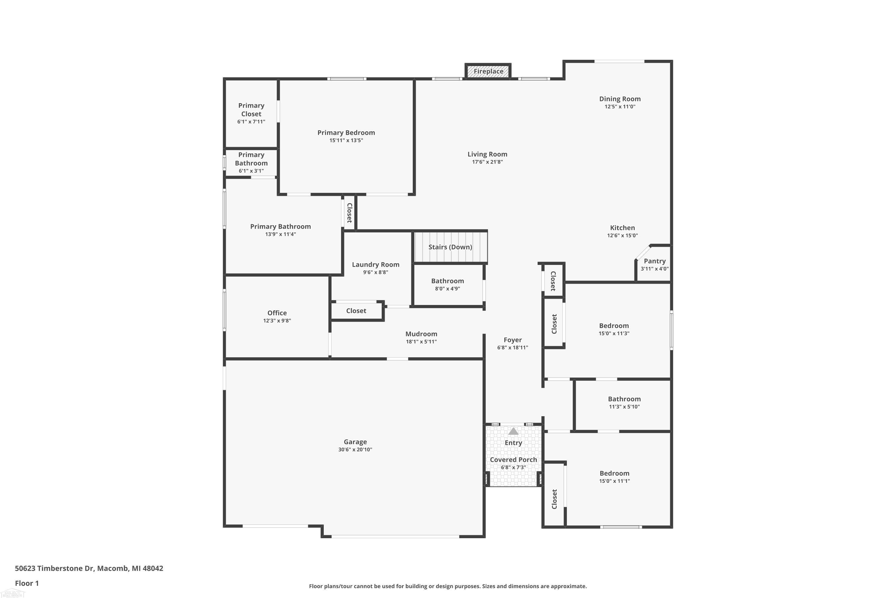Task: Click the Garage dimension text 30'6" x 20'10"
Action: [355, 450]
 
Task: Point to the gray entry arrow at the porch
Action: [513, 431]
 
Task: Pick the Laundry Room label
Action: [376, 265]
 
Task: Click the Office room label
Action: [277, 313]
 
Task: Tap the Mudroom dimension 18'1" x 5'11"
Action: [421, 342]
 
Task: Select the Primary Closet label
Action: [251, 109]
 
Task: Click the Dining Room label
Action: [620, 99]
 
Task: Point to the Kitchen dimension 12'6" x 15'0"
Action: [622, 236]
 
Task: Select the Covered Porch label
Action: [513, 460]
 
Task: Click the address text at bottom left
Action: [89, 568]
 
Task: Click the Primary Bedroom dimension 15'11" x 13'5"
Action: [346, 140]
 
